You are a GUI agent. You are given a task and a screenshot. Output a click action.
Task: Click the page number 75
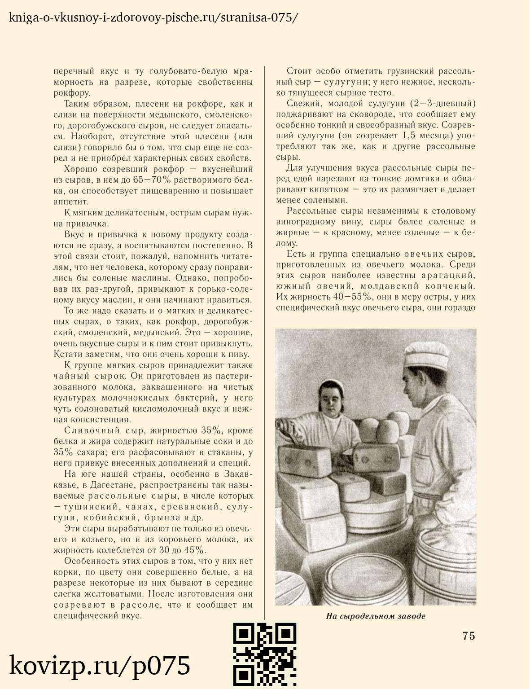tap(468, 636)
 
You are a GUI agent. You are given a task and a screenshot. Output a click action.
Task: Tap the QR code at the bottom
tap(265, 655)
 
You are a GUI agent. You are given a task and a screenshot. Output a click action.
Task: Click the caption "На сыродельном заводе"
tap(375, 616)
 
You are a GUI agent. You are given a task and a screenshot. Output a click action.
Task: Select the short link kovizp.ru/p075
tap(100, 666)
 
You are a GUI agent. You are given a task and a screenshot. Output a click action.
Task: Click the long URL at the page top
tap(153, 18)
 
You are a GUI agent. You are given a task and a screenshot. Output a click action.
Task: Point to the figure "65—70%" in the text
tap(153, 180)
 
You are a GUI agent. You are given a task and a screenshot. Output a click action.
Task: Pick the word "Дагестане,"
tap(112, 485)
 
